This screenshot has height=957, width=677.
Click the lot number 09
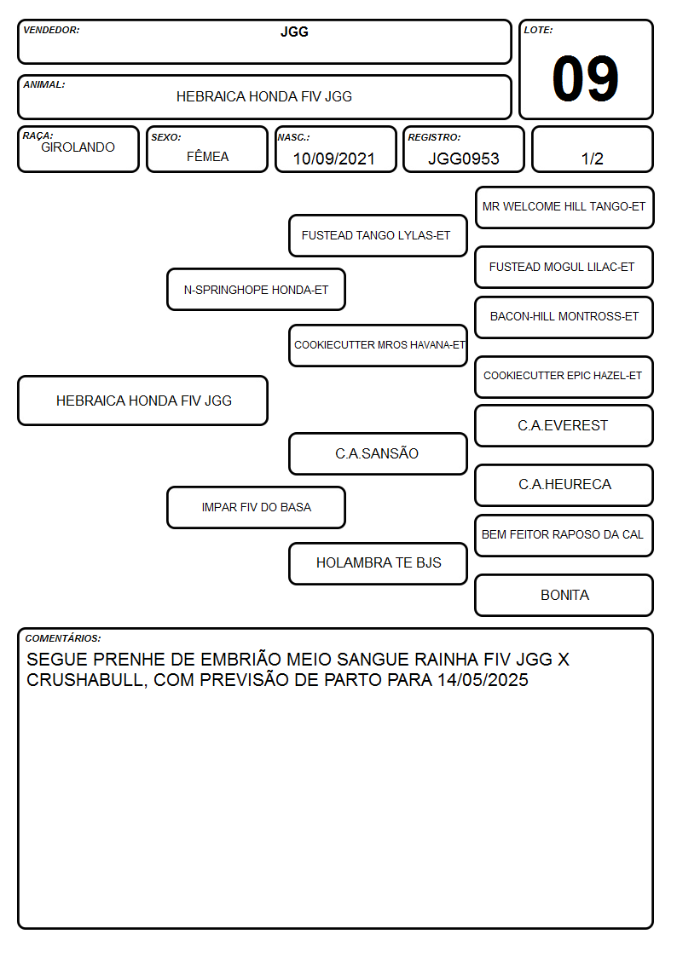pos(585,78)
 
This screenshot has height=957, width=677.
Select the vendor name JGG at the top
pos(294,32)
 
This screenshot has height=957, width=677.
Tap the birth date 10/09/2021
pos(333,159)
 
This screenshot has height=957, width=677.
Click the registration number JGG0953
pos(463,159)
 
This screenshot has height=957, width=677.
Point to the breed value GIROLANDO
pos(78,147)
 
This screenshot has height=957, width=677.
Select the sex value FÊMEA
pos(207,156)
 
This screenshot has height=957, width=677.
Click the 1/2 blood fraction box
pos(592,149)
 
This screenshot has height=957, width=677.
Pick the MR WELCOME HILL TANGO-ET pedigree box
pos(564,208)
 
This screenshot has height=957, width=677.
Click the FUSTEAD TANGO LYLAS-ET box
pos(378,235)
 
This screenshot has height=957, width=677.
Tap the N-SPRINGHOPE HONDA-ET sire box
pos(256,289)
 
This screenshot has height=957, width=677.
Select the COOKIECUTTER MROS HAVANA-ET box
pos(378,345)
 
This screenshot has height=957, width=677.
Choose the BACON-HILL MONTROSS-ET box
pos(564,317)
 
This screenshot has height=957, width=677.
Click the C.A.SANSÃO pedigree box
pos(378,453)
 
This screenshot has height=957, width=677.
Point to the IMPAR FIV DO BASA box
pos(256,507)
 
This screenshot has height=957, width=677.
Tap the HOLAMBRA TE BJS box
pos(378,563)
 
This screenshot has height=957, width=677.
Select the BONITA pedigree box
pos(564,595)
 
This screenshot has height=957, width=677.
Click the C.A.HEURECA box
pos(564,485)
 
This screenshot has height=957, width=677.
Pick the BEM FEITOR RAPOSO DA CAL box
pos(564,535)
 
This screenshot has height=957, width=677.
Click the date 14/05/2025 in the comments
pos(483,680)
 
